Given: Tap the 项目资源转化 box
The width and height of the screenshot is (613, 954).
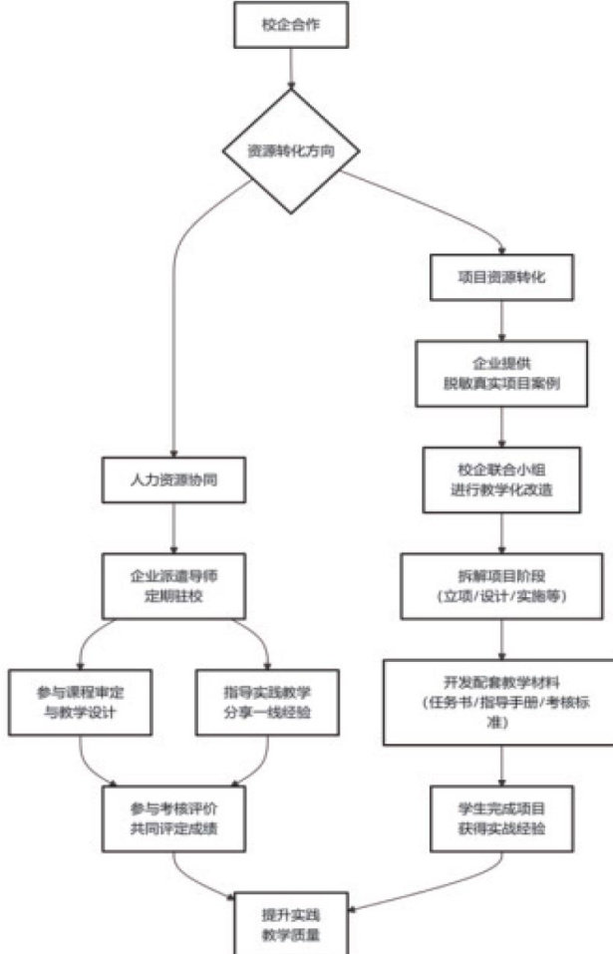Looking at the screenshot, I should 503,277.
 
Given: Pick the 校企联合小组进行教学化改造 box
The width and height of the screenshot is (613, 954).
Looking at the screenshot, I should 502,477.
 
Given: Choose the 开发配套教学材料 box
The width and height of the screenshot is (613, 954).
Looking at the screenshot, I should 501,700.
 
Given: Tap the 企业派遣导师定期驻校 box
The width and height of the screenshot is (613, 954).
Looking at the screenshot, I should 175,585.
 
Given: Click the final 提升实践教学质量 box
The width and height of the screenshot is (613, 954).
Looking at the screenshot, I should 291,922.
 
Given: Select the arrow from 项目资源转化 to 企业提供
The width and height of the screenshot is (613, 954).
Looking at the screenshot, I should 503,321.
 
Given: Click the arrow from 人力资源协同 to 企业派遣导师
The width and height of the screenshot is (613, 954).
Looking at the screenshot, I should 175,528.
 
